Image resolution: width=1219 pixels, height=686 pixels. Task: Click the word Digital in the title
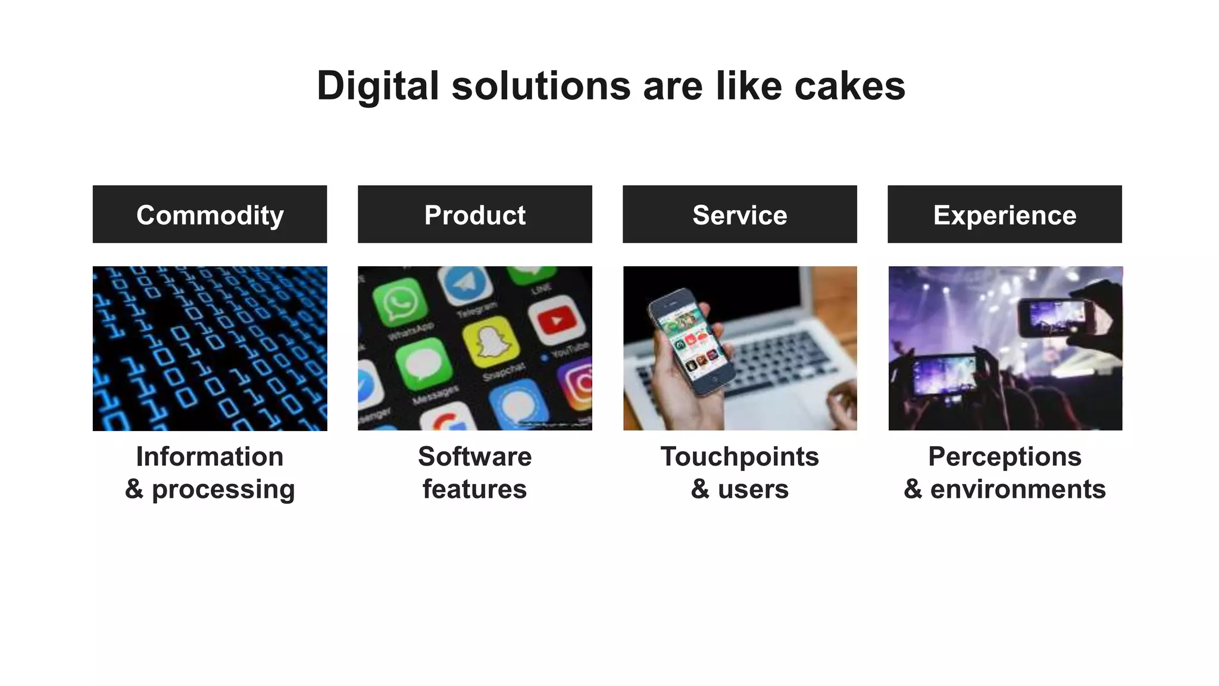377,86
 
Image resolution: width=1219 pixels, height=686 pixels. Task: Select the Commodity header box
210,214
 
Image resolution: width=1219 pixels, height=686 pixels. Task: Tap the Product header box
474,214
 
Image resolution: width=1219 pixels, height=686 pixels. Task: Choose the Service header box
739,214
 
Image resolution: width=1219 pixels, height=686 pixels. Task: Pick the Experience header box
1004,214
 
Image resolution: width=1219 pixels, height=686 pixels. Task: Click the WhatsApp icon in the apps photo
400,303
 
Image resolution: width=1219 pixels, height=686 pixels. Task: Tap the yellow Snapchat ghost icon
490,342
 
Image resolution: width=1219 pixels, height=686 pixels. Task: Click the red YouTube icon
555,320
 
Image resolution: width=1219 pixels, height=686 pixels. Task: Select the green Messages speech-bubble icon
424,364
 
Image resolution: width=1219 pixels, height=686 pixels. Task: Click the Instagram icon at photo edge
577,384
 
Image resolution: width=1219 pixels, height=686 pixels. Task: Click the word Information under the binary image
210,457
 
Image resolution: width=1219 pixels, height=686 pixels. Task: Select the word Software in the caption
474,457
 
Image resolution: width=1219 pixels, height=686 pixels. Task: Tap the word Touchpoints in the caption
739,457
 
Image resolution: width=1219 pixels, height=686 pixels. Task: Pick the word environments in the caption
1017,489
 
